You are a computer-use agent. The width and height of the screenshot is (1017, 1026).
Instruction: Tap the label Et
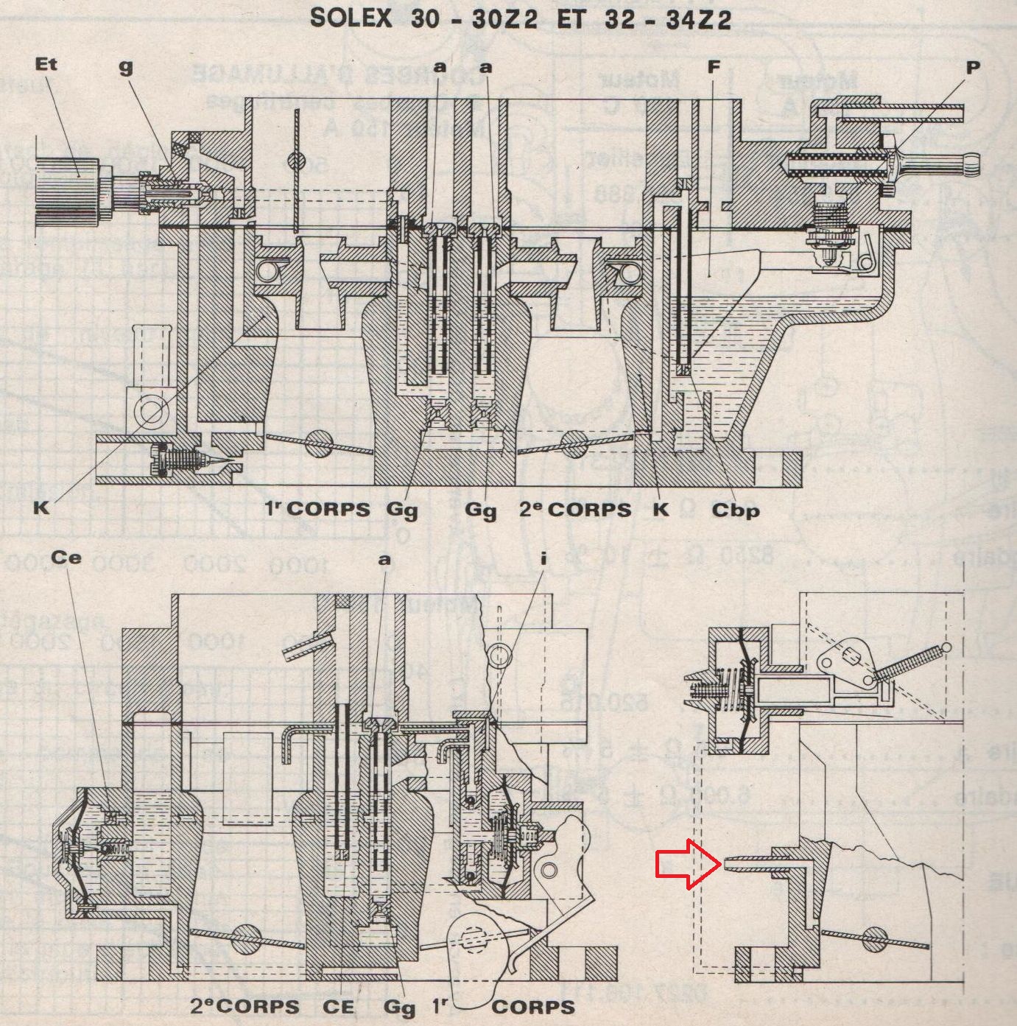(x=46, y=65)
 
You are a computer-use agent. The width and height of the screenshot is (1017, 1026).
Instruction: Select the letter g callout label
(x=127, y=66)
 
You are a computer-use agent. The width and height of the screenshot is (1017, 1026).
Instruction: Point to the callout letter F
(x=712, y=67)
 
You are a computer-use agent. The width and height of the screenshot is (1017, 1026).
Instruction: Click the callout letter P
(x=973, y=67)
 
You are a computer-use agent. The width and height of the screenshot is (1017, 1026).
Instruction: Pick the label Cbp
(x=735, y=510)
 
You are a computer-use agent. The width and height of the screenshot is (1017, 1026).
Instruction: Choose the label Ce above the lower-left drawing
(x=68, y=558)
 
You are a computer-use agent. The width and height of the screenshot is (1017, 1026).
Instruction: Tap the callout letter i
(x=543, y=559)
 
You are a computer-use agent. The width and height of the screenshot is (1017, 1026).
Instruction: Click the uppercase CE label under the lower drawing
(x=339, y=1007)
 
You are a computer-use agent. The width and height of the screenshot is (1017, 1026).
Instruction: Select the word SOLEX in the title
(x=351, y=18)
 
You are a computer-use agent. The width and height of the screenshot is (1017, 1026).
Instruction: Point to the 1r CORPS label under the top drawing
(x=317, y=509)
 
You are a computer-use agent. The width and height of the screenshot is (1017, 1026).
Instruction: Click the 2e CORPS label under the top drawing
(x=575, y=509)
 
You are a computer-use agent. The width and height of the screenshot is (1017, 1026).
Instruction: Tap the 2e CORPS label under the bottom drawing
(x=244, y=1007)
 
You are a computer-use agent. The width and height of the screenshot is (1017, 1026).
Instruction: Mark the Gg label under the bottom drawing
(x=401, y=1007)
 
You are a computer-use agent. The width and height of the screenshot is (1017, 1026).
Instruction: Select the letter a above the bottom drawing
(x=384, y=559)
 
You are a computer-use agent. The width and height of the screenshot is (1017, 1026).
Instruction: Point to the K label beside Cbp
(x=661, y=509)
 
